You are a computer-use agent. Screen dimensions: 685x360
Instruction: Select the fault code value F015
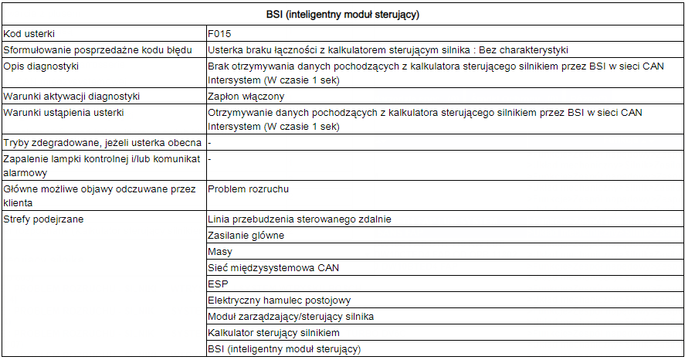(x=219, y=34)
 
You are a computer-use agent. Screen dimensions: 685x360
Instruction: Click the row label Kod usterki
(x=29, y=34)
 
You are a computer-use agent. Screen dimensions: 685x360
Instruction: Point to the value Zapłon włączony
(x=246, y=97)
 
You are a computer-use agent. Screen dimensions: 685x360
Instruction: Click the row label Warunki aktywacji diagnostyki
(x=71, y=97)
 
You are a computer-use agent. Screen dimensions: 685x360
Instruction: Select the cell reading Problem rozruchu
(x=247, y=189)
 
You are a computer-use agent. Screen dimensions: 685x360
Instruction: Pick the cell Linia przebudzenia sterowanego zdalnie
(x=299, y=219)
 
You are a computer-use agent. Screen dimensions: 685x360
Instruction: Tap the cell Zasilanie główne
(x=246, y=236)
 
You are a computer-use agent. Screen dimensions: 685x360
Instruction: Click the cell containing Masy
(x=219, y=252)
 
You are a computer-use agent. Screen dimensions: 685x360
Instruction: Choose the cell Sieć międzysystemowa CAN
(x=273, y=268)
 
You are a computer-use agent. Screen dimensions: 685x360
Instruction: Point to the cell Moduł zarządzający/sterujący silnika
(x=291, y=317)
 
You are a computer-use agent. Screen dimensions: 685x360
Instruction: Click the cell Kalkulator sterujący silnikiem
(x=273, y=333)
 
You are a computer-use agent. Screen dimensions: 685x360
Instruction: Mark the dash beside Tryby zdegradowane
(x=210, y=143)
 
